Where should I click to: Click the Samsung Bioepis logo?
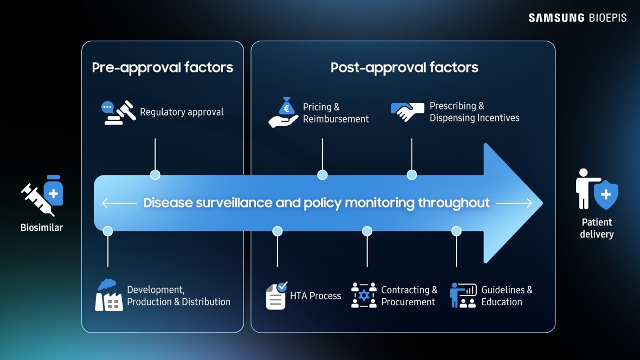(577, 18)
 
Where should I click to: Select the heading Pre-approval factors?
(162, 68)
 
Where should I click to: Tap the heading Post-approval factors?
(404, 68)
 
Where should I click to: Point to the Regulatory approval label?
(181, 112)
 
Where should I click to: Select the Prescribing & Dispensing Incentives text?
(474, 112)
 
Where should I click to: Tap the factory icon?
(109, 295)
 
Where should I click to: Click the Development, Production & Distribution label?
(178, 296)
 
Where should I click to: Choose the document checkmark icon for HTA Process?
(276, 296)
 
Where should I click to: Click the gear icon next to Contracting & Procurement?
(364, 296)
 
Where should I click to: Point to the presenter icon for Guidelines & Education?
(463, 296)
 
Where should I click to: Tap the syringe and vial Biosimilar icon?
(42, 195)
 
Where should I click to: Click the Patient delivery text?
(596, 228)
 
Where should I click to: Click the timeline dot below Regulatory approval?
(155, 175)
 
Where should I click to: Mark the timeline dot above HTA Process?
(278, 231)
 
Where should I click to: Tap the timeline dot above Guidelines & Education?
(456, 231)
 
